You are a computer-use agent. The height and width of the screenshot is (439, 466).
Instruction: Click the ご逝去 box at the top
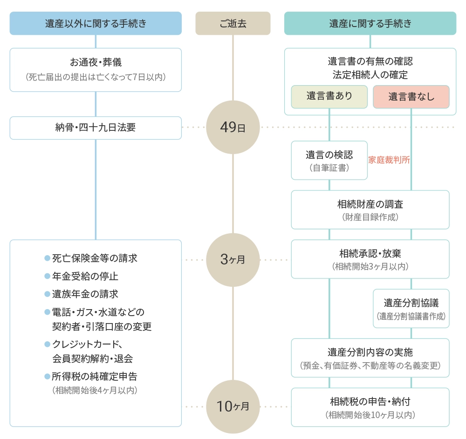[x=233, y=23]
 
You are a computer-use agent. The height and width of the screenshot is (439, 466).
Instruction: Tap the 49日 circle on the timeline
[x=233, y=127]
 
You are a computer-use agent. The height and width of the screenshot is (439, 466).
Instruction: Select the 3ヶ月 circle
[x=233, y=260]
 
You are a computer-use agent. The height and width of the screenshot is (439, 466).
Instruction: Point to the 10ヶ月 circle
[x=233, y=406]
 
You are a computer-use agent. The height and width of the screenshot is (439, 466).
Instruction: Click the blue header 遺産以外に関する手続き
[x=96, y=23]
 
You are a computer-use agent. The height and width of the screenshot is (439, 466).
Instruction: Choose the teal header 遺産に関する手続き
[x=370, y=23]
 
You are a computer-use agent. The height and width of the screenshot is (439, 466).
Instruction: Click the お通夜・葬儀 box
[x=96, y=69]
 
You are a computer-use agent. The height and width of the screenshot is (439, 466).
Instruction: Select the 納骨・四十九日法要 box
[x=96, y=128]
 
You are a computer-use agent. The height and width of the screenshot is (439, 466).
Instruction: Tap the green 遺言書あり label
[x=329, y=97]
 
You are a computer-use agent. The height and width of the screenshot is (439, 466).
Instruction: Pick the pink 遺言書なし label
[x=411, y=97]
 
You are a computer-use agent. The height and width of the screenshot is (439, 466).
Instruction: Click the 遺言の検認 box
[x=329, y=160]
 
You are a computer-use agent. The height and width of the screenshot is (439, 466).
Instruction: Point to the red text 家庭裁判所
[x=389, y=160]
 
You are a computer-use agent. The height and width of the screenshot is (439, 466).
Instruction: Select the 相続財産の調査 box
[x=370, y=209]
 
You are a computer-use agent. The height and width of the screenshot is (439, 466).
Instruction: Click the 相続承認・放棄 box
[x=370, y=259]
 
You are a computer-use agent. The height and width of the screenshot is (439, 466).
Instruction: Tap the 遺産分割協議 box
[x=411, y=308]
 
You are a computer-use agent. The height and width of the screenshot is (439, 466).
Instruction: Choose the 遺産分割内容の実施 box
[x=370, y=358]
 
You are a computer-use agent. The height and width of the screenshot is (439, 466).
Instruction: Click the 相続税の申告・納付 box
[x=370, y=407]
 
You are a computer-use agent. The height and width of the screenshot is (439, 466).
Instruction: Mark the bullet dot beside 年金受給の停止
[x=47, y=276]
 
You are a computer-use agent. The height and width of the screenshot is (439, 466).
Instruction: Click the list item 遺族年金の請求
[x=85, y=294]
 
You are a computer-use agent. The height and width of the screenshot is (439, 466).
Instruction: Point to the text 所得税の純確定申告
[x=95, y=377]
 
